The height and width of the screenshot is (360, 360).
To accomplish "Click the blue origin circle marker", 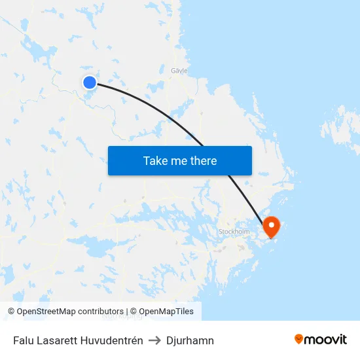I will (90, 82).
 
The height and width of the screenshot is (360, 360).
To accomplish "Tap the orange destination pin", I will (271, 226).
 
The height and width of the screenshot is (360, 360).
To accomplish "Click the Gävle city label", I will (179, 70).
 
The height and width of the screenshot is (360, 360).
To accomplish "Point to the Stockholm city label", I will (234, 232).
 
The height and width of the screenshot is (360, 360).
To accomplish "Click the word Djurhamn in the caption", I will (190, 340).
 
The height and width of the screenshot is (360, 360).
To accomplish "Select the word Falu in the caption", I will (24, 340).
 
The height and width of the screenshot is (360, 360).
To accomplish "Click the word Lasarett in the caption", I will (58, 340).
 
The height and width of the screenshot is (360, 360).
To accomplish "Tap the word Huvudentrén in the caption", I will (113, 340).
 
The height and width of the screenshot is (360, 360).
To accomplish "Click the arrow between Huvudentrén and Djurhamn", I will (155, 340).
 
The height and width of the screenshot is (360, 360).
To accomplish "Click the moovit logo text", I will (326, 339).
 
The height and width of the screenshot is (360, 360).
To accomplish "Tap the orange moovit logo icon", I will (299, 339).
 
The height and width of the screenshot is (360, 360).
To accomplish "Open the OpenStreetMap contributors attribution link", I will (70, 312).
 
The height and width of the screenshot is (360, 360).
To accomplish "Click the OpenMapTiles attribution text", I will (166, 312).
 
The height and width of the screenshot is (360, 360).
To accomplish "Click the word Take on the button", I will (156, 160).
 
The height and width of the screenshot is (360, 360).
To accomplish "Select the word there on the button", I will (203, 160).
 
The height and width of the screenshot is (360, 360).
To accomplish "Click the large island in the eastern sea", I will (340, 128).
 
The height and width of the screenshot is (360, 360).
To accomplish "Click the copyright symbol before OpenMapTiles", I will (134, 312).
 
